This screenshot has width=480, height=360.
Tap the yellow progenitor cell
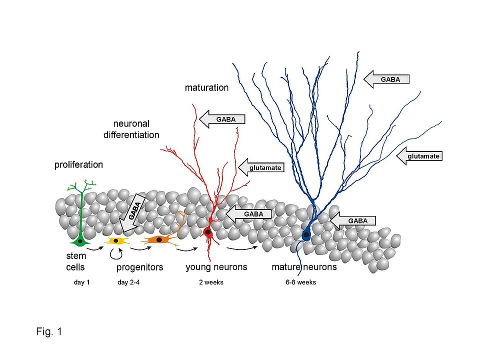116,241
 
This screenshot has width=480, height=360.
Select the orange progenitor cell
159,240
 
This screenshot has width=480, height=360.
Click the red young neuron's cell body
207,232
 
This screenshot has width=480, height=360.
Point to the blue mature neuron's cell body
306,234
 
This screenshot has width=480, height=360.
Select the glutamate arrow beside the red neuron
261,167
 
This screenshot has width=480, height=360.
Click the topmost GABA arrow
386,78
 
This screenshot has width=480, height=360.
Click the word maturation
206,88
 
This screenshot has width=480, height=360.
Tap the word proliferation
78,164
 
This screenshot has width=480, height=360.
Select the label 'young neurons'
216,267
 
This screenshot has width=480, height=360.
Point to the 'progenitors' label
140,267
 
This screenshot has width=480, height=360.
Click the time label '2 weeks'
210,282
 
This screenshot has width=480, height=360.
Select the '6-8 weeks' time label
301,282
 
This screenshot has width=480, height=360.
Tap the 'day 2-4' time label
129,282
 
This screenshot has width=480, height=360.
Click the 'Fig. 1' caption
49,331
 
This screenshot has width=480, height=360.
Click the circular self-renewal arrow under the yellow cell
116,254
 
